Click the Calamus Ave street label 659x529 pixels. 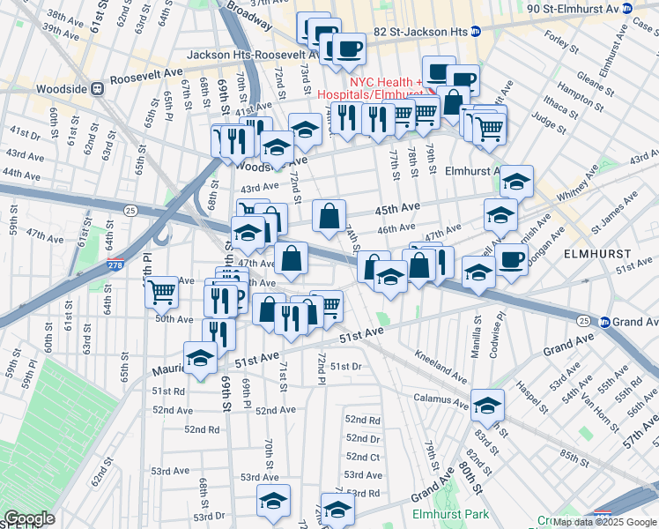point(440,399)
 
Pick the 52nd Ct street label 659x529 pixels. point(362,457)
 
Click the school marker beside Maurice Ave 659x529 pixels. point(201,358)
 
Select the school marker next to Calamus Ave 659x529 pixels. point(487,405)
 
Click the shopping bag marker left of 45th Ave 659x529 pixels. point(329,215)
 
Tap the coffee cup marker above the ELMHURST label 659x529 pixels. point(511,258)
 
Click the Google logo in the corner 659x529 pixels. point(29,518)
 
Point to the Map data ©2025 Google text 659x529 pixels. point(604,522)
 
